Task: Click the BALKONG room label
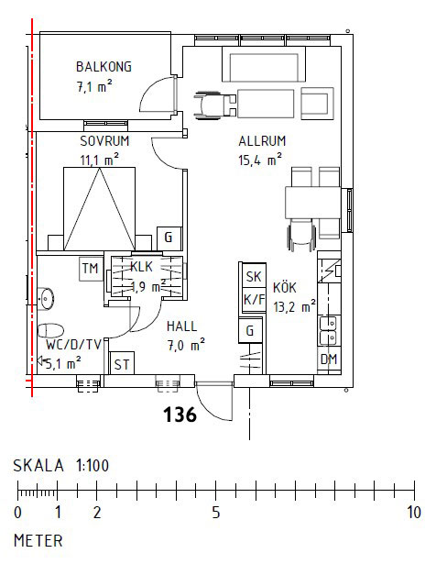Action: tap(104, 66)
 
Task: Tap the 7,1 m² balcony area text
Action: tap(94, 87)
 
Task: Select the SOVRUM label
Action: tap(104, 141)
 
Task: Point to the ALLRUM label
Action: tap(263, 141)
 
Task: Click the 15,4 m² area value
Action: tap(259, 160)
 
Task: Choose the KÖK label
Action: tap(286, 288)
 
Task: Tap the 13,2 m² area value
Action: tap(293, 306)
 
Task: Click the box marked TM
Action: tap(90, 269)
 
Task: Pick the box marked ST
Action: tap(122, 364)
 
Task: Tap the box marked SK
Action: tap(253, 277)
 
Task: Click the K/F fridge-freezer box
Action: tap(253, 300)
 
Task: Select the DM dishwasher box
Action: tap(328, 359)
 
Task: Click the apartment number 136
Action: tap(180, 415)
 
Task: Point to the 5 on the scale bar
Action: tap(215, 512)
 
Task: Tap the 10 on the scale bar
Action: tap(413, 512)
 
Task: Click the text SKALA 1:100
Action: tap(61, 466)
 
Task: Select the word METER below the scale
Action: tap(38, 540)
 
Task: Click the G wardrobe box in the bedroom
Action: tap(168, 237)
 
